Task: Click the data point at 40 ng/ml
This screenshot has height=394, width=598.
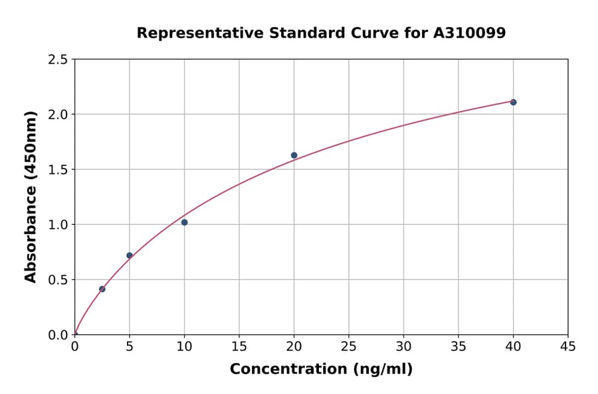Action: tap(513, 102)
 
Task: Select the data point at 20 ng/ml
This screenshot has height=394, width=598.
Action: tap(294, 155)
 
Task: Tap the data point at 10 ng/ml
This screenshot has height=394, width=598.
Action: tap(184, 222)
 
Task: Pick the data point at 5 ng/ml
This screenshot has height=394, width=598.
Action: tap(130, 255)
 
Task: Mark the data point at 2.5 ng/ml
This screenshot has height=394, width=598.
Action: tap(102, 289)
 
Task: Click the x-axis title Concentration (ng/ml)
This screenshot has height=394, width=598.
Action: tap(321, 369)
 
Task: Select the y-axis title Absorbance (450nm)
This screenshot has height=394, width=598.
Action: tap(31, 196)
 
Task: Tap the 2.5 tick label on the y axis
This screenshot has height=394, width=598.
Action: tap(58, 60)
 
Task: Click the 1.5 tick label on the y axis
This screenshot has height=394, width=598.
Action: tap(58, 170)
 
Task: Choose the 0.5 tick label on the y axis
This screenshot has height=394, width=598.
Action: tap(58, 280)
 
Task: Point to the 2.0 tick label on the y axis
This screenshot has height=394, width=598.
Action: tap(58, 115)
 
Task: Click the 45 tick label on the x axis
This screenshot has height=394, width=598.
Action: tap(568, 346)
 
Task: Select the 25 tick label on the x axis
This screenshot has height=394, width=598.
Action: tap(349, 346)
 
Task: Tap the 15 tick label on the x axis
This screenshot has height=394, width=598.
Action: tap(239, 346)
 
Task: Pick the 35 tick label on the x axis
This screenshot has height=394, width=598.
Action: tap(458, 346)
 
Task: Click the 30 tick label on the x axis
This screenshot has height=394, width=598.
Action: tap(403, 346)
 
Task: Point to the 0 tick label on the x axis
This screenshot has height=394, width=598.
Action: tap(74, 346)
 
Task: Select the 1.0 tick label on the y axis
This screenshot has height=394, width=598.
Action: tap(58, 225)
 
